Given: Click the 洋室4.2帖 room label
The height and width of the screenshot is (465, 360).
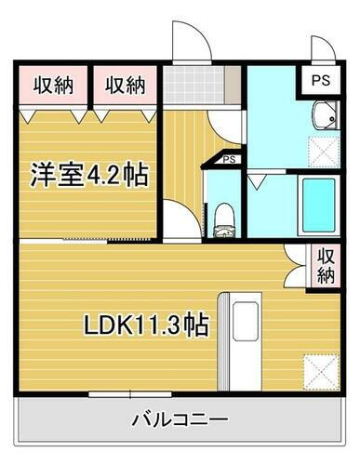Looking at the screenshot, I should tap(90, 174).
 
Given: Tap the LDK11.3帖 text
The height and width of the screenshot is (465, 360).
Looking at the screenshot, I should tap(146, 326).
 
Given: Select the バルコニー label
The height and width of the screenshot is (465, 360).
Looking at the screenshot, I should tap(180, 419).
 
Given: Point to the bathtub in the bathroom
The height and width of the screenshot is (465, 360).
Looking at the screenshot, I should tap(317, 202).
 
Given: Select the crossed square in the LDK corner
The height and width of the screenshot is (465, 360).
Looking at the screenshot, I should tap(321, 372).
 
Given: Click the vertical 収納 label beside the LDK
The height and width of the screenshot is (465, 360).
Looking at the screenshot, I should tap(326, 266).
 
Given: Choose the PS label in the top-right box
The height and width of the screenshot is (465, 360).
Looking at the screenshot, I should tap(319, 79).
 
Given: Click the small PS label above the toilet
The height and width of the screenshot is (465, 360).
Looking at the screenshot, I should tap(227, 161).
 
